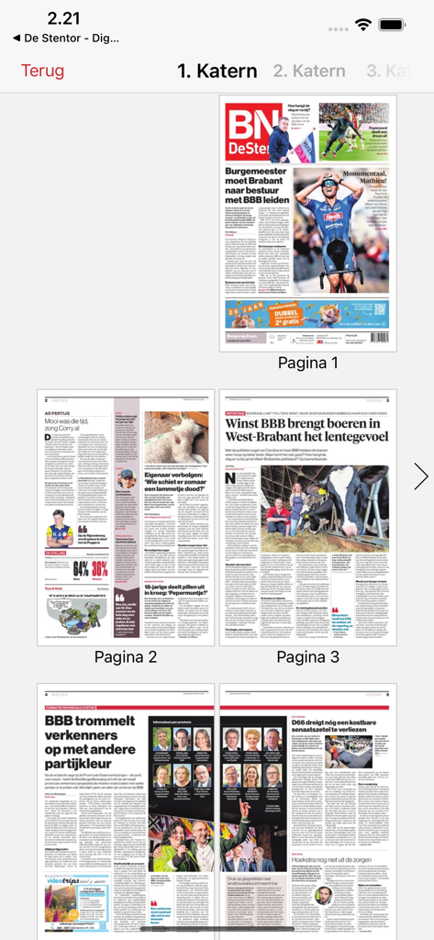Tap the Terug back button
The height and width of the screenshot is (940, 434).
42,71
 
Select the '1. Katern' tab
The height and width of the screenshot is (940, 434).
217,71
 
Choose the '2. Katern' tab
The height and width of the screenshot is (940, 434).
309,71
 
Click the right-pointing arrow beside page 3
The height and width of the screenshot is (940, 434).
420,476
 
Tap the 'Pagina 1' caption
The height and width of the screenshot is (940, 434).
307,363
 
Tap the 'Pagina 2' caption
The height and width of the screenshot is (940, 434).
126,656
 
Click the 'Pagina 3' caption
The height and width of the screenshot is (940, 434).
307,656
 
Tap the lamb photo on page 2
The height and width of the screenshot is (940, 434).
174,437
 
